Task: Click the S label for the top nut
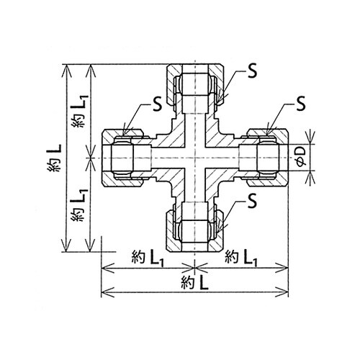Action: [252, 71]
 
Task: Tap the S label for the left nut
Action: [157, 104]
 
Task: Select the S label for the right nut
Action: [301, 104]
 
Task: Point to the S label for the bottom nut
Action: [252, 201]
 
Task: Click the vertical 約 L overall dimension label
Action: [54, 158]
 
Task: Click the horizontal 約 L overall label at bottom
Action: [194, 283]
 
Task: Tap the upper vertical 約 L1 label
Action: [78, 112]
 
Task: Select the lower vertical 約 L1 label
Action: [78, 205]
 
